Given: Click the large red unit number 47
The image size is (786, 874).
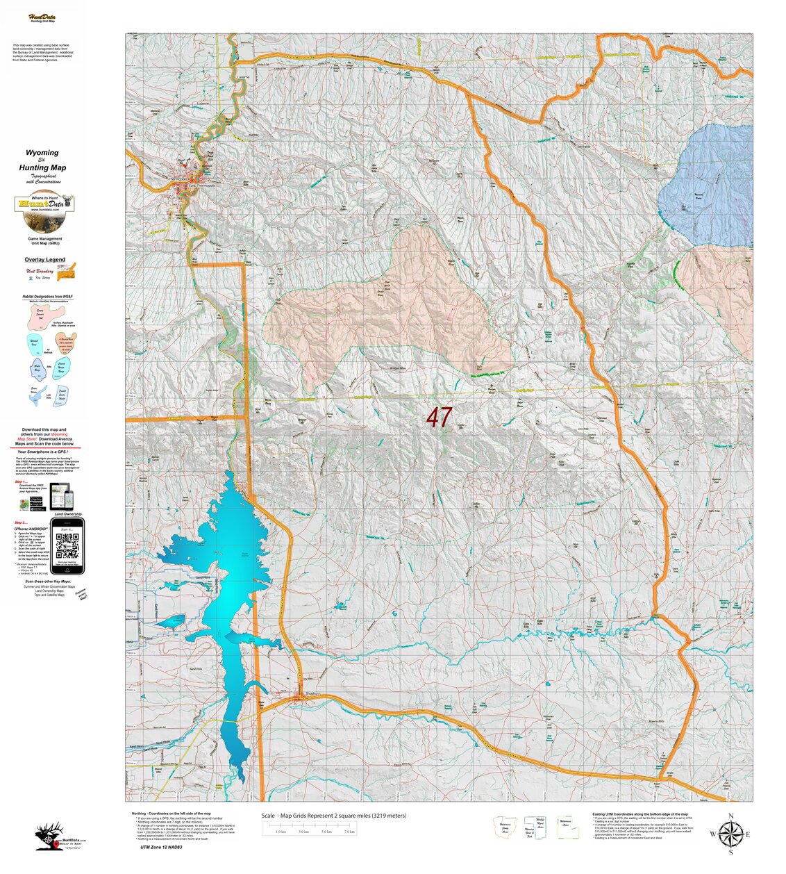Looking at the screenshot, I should coord(439,418).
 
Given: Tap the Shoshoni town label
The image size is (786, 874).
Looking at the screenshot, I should coord(312,693).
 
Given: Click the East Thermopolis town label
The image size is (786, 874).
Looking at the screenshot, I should coord(202,185).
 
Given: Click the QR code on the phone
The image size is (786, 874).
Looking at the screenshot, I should coord(67,547).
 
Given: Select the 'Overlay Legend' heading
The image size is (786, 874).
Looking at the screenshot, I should coord(45,260).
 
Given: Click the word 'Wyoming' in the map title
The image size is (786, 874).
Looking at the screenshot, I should coord(42,153).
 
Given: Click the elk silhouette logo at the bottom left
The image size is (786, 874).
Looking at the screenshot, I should coord(50,837).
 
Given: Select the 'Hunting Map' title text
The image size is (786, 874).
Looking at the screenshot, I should coord(43,167).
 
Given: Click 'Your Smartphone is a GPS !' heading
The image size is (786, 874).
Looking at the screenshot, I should coord(47,452).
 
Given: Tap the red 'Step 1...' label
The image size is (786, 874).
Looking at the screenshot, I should coord(21,481).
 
